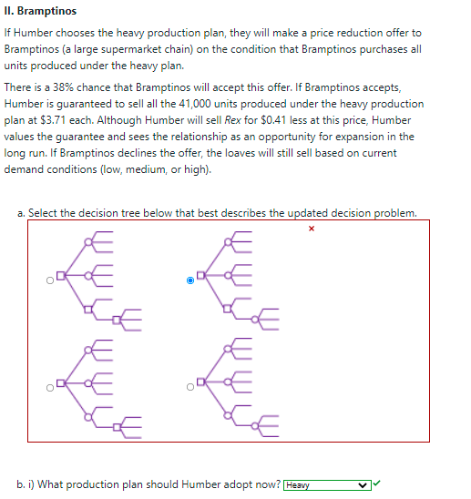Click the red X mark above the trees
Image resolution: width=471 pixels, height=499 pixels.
311,229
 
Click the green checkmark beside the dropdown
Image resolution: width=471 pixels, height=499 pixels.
375,484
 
